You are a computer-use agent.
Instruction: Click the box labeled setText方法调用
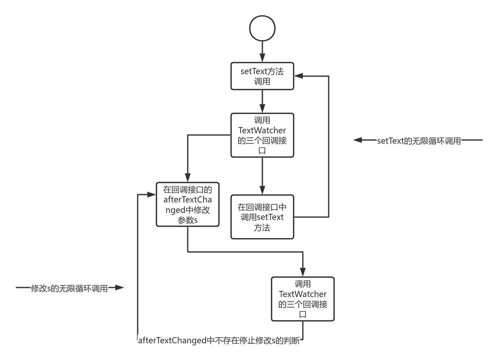(x=262, y=76)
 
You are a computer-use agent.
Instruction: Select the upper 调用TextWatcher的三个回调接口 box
(x=262, y=135)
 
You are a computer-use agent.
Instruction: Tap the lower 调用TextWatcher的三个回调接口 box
(x=303, y=299)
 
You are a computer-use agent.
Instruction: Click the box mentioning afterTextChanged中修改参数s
(x=187, y=204)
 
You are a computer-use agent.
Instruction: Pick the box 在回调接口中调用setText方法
(x=262, y=217)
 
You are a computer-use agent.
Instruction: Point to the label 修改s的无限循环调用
(x=69, y=287)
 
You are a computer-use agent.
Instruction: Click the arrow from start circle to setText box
(x=262, y=50)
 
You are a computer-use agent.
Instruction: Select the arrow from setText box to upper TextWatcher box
(x=262, y=100)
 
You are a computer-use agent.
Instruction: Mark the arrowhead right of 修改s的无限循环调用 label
(x=120, y=287)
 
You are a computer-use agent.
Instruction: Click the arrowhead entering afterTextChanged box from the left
(x=152, y=194)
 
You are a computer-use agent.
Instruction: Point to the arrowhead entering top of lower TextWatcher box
(x=303, y=272)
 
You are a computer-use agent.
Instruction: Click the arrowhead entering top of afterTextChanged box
(x=187, y=177)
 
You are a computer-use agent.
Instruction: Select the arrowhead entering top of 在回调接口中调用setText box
(x=262, y=190)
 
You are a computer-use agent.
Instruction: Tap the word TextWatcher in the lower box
(x=303, y=295)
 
